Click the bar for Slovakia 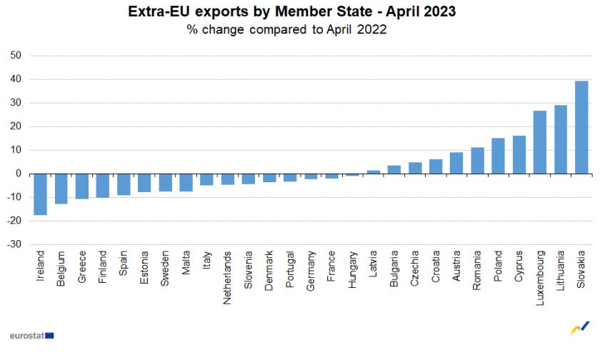(x=581, y=127)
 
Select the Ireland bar (x=40, y=194)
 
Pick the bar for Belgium (x=61, y=189)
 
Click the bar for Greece (x=82, y=186)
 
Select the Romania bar (x=478, y=161)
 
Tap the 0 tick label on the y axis (x=19, y=174)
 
